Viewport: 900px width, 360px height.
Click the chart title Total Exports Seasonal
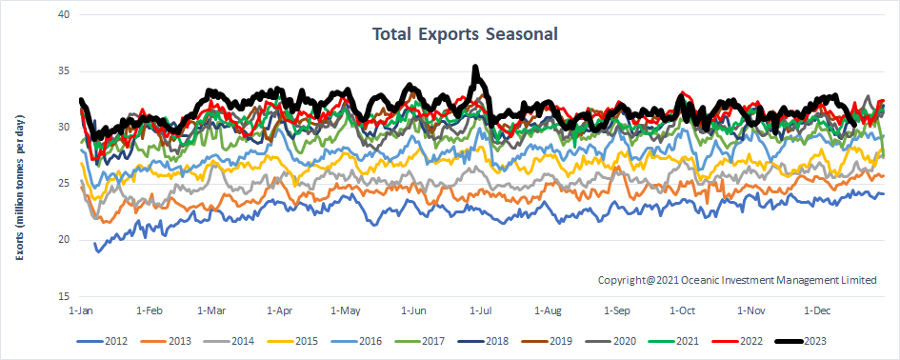[x=464, y=34]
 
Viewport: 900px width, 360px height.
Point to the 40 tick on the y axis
[x=61, y=15]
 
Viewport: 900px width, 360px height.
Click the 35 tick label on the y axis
[x=61, y=71]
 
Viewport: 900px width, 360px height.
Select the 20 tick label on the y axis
[x=61, y=239]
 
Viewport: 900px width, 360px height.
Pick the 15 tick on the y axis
[x=61, y=295]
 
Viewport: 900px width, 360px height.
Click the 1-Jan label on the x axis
[x=81, y=310]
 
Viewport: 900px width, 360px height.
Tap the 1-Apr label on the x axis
[x=281, y=310]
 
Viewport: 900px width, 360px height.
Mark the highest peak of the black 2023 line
[x=475, y=68]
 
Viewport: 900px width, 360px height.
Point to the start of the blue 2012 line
[x=94, y=245]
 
